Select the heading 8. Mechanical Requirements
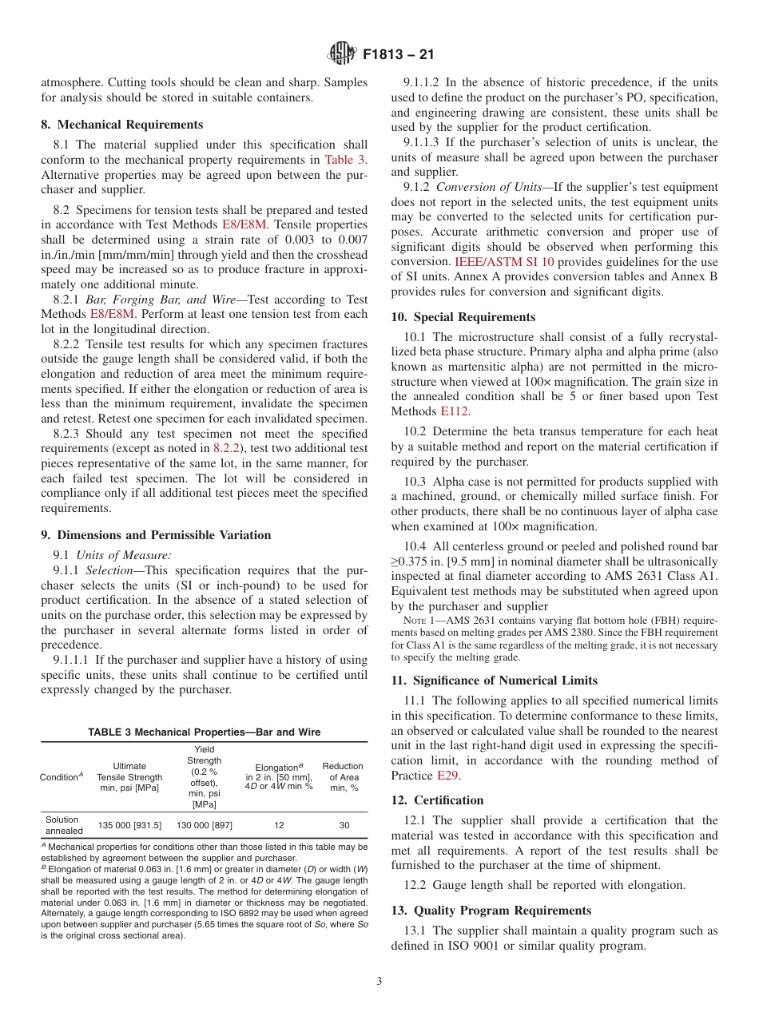(122, 125)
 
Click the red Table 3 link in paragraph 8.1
(345, 160)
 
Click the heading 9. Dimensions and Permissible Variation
(156, 535)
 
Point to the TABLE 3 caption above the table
(204, 732)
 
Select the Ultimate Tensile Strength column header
(129, 777)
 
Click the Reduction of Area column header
(344, 777)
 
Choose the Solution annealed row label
(62, 825)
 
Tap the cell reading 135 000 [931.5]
(129, 825)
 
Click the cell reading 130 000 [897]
(205, 825)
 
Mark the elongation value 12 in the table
(278, 825)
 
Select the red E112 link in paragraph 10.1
(455, 411)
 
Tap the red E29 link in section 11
(447, 776)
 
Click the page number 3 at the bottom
(379, 982)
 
